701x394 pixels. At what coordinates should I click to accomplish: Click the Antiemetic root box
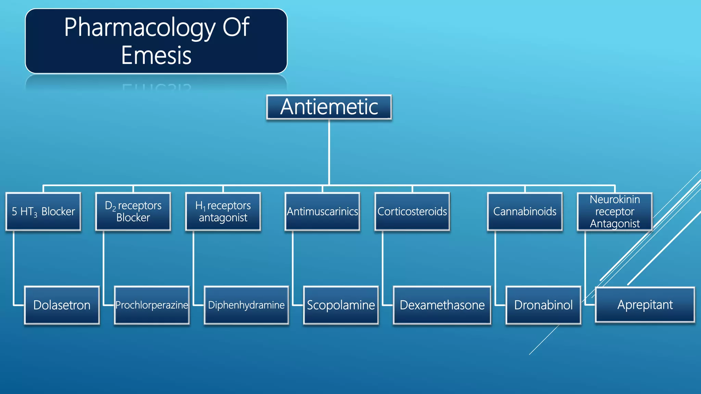click(x=329, y=107)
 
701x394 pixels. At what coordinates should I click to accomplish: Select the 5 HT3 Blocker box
click(x=43, y=211)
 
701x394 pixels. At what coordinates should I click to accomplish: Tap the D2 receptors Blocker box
click(x=133, y=211)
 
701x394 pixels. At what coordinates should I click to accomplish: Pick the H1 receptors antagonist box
click(x=223, y=211)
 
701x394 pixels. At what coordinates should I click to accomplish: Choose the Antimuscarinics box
click(x=322, y=211)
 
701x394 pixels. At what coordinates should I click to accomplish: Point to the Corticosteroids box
click(x=412, y=211)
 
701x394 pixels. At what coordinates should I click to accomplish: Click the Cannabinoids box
click(x=525, y=211)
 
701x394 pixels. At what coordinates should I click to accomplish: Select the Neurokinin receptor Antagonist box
click(x=615, y=211)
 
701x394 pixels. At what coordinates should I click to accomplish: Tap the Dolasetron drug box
click(x=62, y=305)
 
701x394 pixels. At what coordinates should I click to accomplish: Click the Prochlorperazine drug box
click(x=152, y=305)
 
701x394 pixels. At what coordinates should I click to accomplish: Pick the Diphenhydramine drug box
click(x=246, y=305)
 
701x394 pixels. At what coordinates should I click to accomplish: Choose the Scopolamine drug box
click(x=341, y=305)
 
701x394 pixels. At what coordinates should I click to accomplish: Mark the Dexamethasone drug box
click(x=442, y=305)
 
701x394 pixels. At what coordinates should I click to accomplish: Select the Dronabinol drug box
click(x=543, y=305)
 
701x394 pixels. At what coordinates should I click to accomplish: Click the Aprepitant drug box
click(x=645, y=305)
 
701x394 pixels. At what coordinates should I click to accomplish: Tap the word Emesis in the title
click(x=156, y=56)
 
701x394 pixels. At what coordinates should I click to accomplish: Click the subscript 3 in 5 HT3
click(x=36, y=215)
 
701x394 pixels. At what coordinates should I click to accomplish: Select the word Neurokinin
click(x=615, y=199)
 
